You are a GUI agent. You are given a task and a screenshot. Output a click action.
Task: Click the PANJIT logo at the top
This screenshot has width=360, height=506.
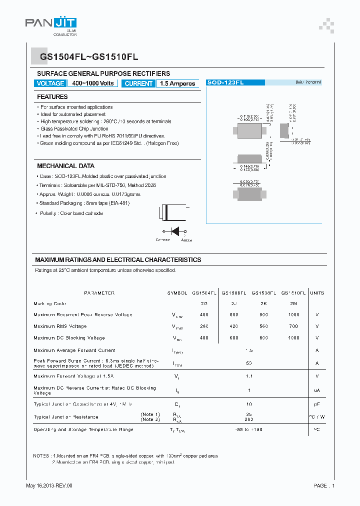coord(51,23)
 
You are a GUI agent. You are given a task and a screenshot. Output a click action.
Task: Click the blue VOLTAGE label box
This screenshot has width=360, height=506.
coord(50,83)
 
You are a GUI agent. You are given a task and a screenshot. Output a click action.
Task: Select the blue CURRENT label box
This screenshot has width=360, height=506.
coord(138,83)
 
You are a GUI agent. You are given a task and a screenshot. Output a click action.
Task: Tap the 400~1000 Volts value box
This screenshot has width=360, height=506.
coord(93,83)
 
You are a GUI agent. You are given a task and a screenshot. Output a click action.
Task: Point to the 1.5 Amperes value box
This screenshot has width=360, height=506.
coord(177,83)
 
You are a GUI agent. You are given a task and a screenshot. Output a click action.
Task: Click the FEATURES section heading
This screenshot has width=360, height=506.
coord(52,97)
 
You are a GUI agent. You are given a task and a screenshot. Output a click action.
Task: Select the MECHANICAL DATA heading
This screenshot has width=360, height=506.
coord(65,166)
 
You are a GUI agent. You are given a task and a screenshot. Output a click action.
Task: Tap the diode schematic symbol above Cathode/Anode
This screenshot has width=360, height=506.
coord(174,231)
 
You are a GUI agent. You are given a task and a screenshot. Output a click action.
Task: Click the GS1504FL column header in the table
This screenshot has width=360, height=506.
coord(204,293)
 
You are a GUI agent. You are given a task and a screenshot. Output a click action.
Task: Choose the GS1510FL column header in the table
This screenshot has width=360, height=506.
coord(293,293)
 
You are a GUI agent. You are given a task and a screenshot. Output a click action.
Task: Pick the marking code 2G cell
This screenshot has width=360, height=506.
coord(204,303)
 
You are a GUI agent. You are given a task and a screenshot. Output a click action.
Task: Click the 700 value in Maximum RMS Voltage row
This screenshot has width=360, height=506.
coord(293,326)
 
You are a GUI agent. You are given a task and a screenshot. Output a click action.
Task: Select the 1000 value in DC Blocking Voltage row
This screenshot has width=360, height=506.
coord(293,338)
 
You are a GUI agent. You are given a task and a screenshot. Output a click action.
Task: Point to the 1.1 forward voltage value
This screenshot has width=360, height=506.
coord(248,376)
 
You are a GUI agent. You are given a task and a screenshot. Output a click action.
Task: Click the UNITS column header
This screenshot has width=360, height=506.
coord(317,293)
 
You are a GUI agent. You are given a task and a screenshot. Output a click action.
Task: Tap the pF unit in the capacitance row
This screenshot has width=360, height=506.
coord(317,404)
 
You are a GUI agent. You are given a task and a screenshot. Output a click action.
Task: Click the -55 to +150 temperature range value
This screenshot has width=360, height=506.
coord(248,429)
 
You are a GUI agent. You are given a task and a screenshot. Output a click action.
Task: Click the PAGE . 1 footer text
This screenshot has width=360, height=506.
coord(324,485)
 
